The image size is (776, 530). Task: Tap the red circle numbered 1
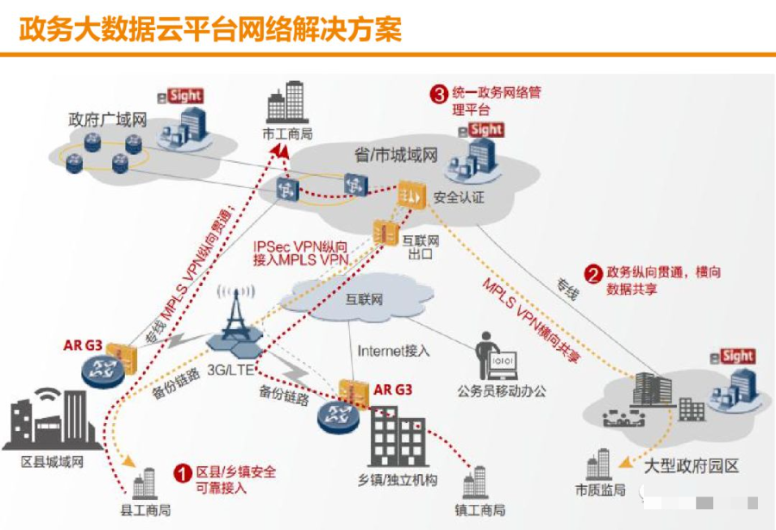[182, 473]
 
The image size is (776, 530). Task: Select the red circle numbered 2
[592, 274]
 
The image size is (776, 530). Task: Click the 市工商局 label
[287, 134]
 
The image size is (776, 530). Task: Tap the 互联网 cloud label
[364, 301]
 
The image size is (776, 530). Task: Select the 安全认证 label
[460, 197]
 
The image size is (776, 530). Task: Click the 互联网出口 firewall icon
[384, 230]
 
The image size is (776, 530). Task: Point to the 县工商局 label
[145, 510]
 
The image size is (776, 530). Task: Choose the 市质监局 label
[599, 490]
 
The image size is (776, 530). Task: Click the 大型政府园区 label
[692, 467]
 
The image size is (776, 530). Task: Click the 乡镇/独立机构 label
[397, 479]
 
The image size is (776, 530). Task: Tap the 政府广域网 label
[108, 119]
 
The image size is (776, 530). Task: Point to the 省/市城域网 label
[397, 155]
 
